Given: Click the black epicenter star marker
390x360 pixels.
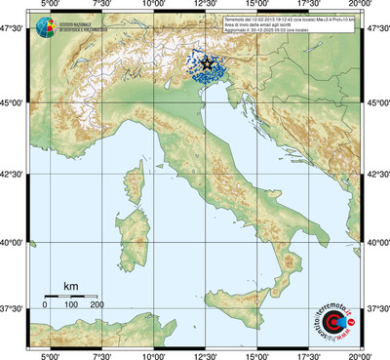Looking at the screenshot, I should point(208,63).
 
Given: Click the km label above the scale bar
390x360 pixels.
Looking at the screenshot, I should point(70,286).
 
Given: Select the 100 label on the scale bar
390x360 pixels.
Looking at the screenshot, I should point(70,305).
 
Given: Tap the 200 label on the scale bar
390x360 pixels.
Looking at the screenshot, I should point(97,305).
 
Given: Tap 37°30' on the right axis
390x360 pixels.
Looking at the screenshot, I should point(376,308).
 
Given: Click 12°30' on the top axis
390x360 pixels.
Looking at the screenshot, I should point(205,6).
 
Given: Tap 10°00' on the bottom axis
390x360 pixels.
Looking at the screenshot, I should point(153,354).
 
